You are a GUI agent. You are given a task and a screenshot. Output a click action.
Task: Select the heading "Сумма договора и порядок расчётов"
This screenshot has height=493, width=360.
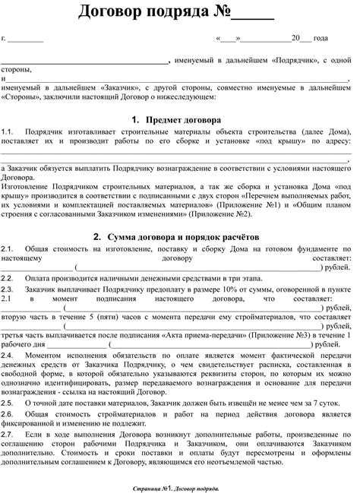pyautogui.click(x=187, y=236)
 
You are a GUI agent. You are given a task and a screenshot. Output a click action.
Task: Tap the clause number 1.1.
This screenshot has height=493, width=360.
pyautogui.click(x=8, y=131)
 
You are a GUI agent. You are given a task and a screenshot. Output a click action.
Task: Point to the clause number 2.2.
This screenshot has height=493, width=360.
pyautogui.click(x=8, y=278)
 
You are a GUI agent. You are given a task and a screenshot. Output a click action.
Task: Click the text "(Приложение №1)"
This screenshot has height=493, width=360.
pyautogui.click(x=262, y=205)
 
